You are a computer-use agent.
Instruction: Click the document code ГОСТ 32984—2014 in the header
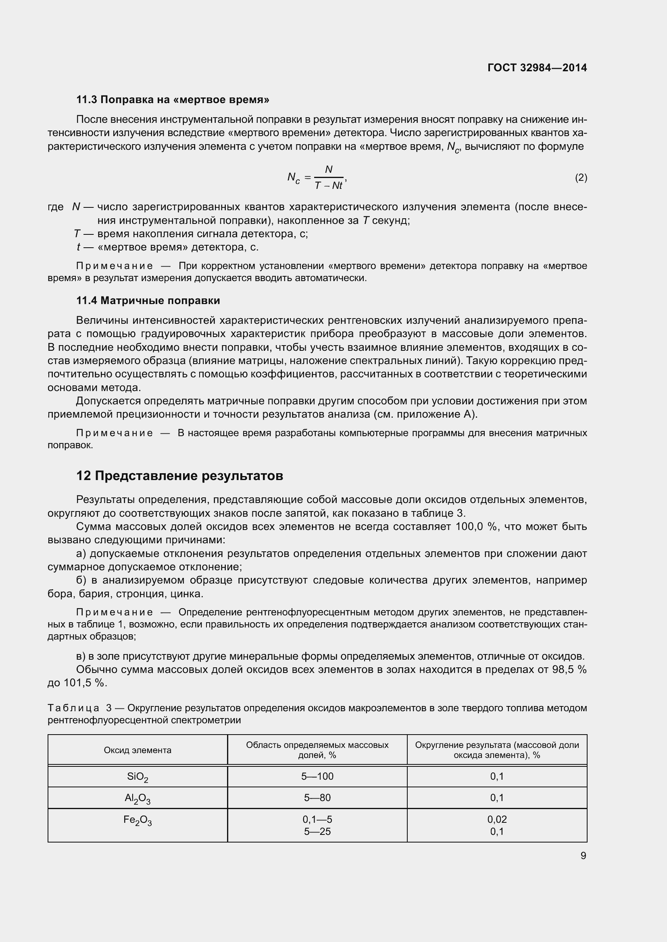pos(537,68)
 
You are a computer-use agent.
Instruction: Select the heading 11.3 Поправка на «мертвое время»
pos(173,100)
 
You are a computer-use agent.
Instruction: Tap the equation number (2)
pos(581,178)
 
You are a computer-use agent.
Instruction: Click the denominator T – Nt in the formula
pos(328,185)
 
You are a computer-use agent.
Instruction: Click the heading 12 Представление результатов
pos(179,476)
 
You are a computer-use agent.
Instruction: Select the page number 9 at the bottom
pos(583,856)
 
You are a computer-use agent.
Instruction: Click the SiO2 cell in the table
pos(137,777)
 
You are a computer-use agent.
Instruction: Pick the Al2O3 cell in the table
pos(137,798)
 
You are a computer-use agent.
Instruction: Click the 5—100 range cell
pos(317,776)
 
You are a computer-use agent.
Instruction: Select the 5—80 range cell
pos(317,797)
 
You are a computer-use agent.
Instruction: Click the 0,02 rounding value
pos(497,820)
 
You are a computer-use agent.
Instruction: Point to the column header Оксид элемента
pos(137,750)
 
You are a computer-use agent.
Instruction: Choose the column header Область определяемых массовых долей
pos(317,750)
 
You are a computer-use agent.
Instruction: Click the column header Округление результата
pos(497,750)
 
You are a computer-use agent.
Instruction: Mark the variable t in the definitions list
pos(79,247)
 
